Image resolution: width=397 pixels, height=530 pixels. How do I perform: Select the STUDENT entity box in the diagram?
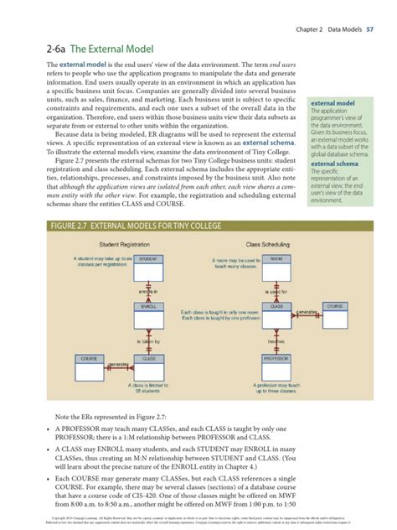(149, 259)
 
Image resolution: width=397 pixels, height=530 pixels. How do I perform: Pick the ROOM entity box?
(276, 259)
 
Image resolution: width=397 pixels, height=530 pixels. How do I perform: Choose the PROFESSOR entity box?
(276, 358)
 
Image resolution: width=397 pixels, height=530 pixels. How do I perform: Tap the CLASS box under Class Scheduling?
(276, 307)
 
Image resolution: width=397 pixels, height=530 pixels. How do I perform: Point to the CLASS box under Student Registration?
(149, 358)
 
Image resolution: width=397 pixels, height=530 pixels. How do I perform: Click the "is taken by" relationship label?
(149, 341)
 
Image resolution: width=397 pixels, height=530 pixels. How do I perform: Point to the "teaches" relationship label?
(276, 341)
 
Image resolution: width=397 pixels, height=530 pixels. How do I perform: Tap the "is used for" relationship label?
(276, 290)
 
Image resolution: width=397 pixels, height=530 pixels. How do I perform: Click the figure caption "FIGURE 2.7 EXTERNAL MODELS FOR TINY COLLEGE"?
(137, 224)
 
